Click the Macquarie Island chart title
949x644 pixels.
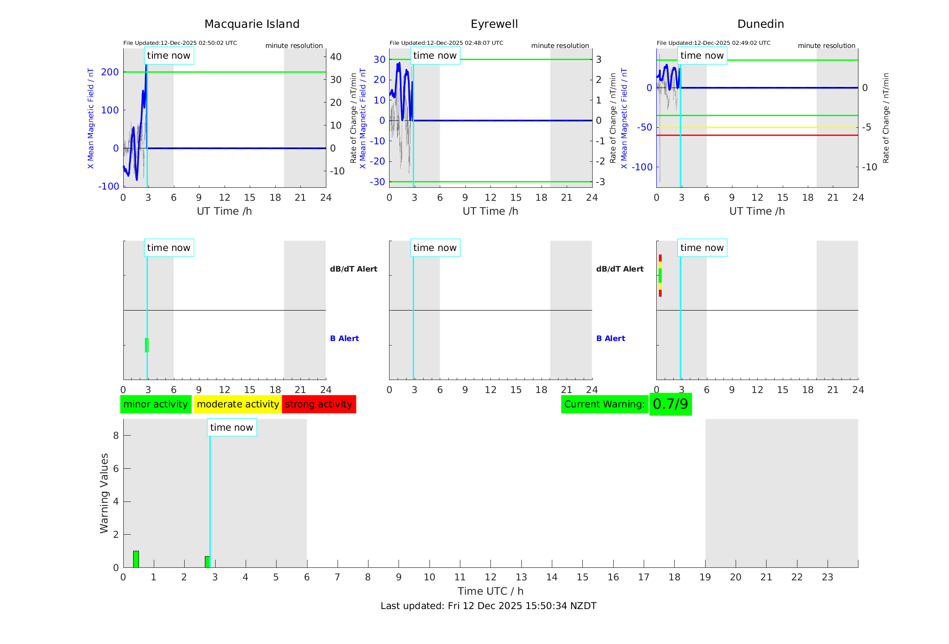tap(252, 24)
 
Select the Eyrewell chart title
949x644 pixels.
tap(494, 24)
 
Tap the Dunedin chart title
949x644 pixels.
tap(760, 24)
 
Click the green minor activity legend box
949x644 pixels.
tap(156, 404)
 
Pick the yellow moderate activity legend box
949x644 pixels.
tap(238, 404)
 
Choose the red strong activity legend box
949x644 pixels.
tap(319, 404)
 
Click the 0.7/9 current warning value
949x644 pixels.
tap(670, 404)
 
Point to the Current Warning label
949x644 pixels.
tap(604, 404)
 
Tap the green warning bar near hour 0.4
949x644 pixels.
tap(136, 559)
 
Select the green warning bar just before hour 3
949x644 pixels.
tap(207, 562)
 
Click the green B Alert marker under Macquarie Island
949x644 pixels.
tap(147, 345)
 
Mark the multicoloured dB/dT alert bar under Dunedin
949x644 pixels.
tap(660, 275)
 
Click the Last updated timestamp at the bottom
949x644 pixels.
tap(488, 606)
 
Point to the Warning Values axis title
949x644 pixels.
tap(104, 493)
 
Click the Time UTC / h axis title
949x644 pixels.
tap(490, 591)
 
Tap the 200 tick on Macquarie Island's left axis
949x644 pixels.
tap(110, 72)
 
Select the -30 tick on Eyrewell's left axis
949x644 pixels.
tap(377, 182)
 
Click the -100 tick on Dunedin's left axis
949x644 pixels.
tap(642, 167)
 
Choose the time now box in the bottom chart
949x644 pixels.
tap(232, 428)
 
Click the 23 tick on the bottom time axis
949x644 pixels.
tap(827, 577)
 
